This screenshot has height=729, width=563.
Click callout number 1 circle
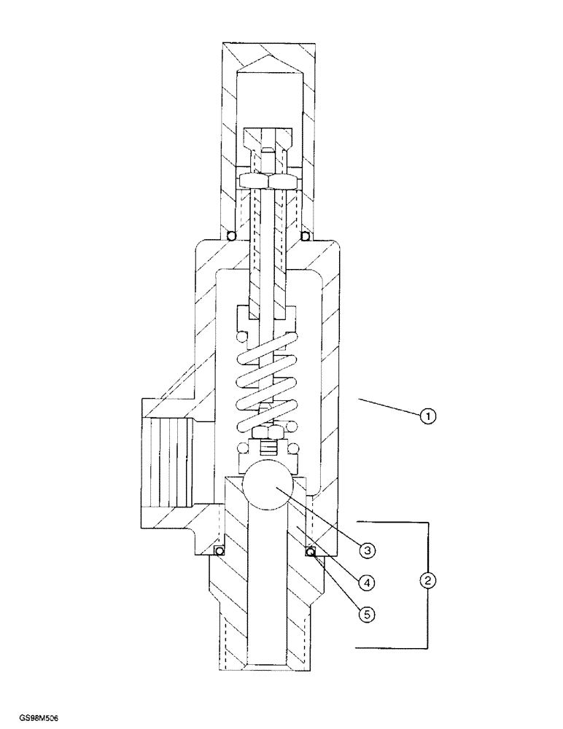tap(428, 417)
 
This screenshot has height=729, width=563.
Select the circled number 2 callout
tap(428, 581)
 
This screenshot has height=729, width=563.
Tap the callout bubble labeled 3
tap(368, 550)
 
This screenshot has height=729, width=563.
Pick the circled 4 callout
tap(368, 582)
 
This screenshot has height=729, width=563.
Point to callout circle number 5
tap(368, 615)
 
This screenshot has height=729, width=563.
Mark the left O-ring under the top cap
tap(230, 235)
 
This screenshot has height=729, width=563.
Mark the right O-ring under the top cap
tap(306, 235)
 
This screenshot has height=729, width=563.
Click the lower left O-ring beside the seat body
tap(217, 550)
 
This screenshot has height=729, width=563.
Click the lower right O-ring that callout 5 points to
tap(311, 552)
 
